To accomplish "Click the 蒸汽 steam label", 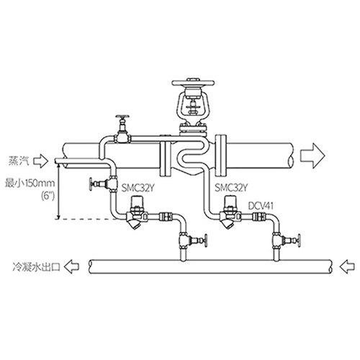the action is tap(19, 161).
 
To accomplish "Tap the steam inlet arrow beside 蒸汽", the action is tap(40, 161).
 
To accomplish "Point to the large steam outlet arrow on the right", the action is tap(312, 156).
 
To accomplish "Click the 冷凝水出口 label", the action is tap(36, 266).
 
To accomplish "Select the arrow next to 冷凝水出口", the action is tap(72, 267).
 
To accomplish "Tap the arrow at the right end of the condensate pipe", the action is tap(347, 266).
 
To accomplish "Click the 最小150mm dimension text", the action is tap(30, 184).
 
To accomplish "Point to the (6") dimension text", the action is tap(48, 196).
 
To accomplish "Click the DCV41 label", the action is tap(261, 206).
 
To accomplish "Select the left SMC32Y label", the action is tap(138, 188).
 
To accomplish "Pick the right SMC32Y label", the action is tap(231, 187).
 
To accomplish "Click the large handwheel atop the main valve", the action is tap(192, 83).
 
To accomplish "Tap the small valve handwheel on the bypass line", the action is tap(122, 117).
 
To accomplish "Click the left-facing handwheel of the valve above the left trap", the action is tap(91, 184).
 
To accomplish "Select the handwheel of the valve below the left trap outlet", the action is tap(205, 240).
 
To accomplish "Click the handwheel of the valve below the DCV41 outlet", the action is tap(299, 240).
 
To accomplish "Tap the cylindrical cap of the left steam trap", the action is tap(136, 202).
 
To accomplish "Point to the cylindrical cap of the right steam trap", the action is tap(230, 202).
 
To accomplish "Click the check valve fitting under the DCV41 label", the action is tap(259, 217).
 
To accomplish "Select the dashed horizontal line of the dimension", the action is tap(87, 219).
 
